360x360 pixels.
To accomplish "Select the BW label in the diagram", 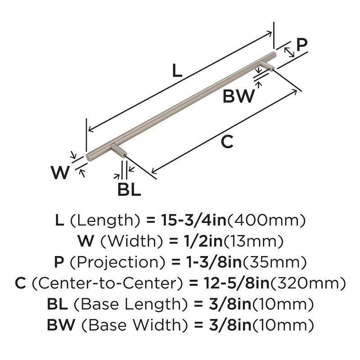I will coord(239,97).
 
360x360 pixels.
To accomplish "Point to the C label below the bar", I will coord(227,142).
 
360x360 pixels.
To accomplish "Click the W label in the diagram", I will coord(60,173).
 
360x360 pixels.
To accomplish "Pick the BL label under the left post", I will coord(129,190).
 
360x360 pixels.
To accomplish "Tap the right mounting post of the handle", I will coord(269,65).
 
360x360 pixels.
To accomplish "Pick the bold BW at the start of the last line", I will coord(59,324).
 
